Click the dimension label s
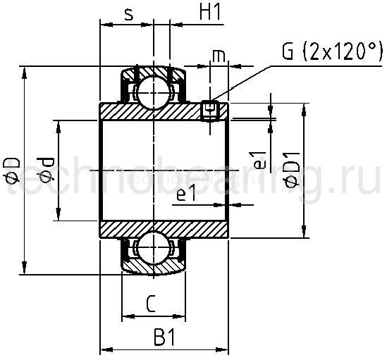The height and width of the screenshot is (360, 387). point(128,15)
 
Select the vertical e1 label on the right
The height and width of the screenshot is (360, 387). point(260,160)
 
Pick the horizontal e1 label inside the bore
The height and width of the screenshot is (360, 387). point(185,195)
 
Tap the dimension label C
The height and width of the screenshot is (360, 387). point(150,304)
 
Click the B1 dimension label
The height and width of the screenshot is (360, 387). point(164,338)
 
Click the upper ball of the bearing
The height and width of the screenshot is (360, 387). point(152,90)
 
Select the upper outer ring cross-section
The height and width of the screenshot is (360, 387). point(152,70)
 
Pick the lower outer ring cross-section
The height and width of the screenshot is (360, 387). point(152,268)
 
